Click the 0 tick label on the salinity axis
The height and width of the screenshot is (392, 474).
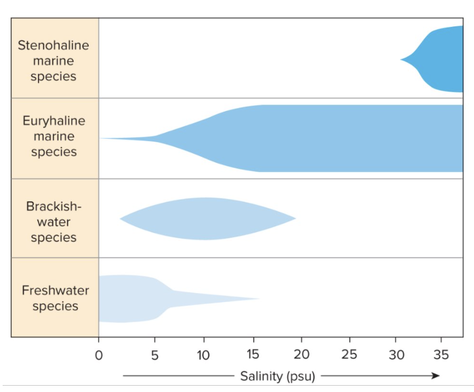(x=99, y=355)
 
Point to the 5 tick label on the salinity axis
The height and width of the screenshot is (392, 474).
(x=154, y=355)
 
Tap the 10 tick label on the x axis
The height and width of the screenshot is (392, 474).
(x=204, y=355)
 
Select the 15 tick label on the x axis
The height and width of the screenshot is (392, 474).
(x=252, y=355)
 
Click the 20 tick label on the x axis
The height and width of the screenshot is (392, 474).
(x=301, y=355)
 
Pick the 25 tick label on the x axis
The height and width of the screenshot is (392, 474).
(x=349, y=355)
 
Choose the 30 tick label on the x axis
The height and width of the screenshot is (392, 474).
(x=397, y=355)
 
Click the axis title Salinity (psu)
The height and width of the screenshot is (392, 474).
(x=278, y=376)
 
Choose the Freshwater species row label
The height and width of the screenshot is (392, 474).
(x=55, y=298)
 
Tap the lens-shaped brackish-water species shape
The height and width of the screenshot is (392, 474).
(x=206, y=219)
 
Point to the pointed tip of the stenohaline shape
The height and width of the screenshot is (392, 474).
(x=401, y=60)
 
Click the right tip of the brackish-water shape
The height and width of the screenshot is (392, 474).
(x=295, y=218)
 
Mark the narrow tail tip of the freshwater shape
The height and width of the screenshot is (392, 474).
(x=259, y=298)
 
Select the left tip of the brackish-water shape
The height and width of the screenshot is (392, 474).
(x=121, y=219)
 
